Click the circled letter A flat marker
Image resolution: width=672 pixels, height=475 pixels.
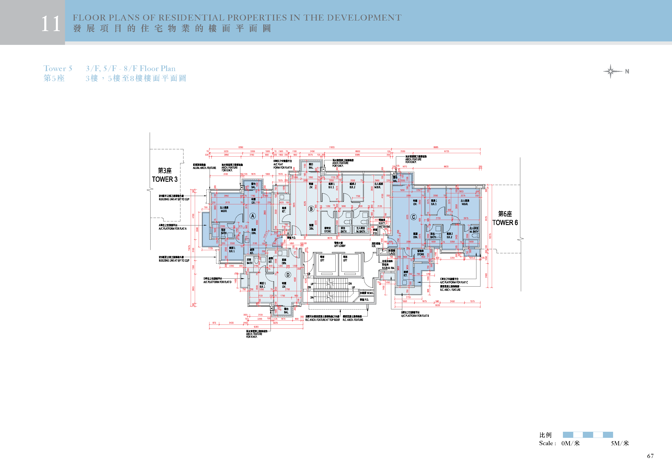click(x=253, y=216)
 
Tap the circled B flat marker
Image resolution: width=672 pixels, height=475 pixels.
click(x=311, y=209)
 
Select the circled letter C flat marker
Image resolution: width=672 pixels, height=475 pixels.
click(x=413, y=217)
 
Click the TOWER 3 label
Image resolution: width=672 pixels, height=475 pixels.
click(x=165, y=179)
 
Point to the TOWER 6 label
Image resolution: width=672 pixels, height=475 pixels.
click(x=505, y=222)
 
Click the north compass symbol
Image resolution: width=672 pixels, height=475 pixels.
click(x=611, y=71)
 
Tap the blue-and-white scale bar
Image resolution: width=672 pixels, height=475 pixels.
click(x=587, y=435)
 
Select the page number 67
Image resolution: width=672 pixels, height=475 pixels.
click(x=650, y=456)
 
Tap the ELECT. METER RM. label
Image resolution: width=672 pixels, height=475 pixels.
click(x=384, y=225)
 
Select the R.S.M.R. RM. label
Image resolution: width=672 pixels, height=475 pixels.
click(x=388, y=268)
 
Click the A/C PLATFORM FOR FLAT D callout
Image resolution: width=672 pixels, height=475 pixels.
click(x=217, y=282)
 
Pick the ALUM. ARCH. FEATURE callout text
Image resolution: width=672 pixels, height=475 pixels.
click(x=204, y=168)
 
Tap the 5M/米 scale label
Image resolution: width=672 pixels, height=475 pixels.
click(x=620, y=443)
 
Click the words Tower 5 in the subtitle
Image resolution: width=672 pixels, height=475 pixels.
click(x=58, y=68)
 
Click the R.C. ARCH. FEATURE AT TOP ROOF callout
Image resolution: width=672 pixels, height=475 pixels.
click(x=323, y=320)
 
